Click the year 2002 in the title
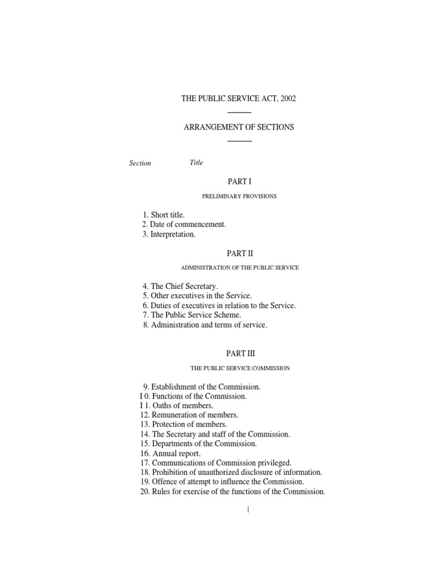(x=287, y=98)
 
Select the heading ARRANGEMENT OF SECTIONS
(x=238, y=127)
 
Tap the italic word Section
(x=140, y=163)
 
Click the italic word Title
(x=196, y=163)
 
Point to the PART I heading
(x=238, y=182)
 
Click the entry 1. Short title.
(x=164, y=215)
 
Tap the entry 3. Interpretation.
(x=169, y=234)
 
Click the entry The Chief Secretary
(x=180, y=287)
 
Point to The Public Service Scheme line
(x=192, y=315)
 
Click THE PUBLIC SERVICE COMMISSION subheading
(x=240, y=368)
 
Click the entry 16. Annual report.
(x=170, y=453)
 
